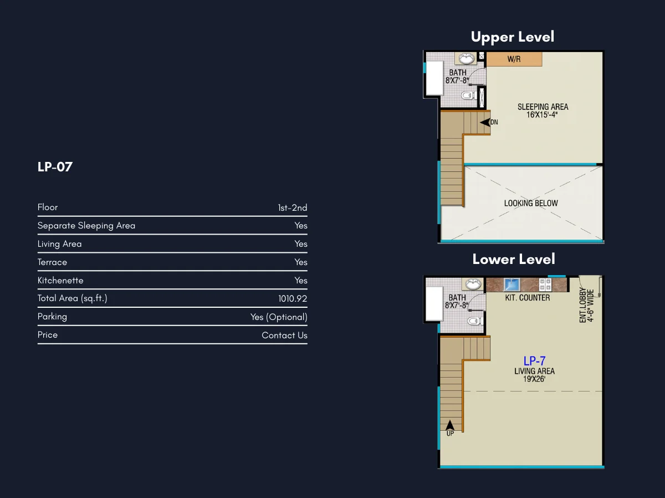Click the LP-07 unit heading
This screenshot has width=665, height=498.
[x=55, y=167]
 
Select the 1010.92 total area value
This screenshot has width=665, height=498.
[x=293, y=299]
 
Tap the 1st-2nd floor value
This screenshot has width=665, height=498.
[x=293, y=207]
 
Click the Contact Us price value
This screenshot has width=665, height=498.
[x=284, y=335]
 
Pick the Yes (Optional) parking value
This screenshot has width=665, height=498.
[x=279, y=317]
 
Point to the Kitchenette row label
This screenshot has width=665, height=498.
[x=60, y=281]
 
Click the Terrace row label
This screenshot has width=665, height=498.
[x=52, y=262]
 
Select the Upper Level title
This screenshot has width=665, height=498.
[x=513, y=37]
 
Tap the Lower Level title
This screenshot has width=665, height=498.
[x=514, y=259]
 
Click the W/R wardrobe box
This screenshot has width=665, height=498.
[x=514, y=59]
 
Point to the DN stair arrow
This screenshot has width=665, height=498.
[x=485, y=123]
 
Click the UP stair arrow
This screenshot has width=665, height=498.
[x=450, y=425]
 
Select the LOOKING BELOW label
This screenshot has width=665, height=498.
[x=531, y=203]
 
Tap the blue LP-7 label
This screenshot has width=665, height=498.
[x=534, y=360]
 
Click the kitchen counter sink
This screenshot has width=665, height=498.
[x=512, y=285]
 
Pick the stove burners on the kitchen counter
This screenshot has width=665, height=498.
[x=545, y=284]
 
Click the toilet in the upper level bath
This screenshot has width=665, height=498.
[x=468, y=95]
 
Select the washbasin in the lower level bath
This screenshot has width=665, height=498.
[x=473, y=284]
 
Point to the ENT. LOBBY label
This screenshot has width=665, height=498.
[x=583, y=306]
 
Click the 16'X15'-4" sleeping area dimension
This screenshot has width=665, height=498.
[x=542, y=115]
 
